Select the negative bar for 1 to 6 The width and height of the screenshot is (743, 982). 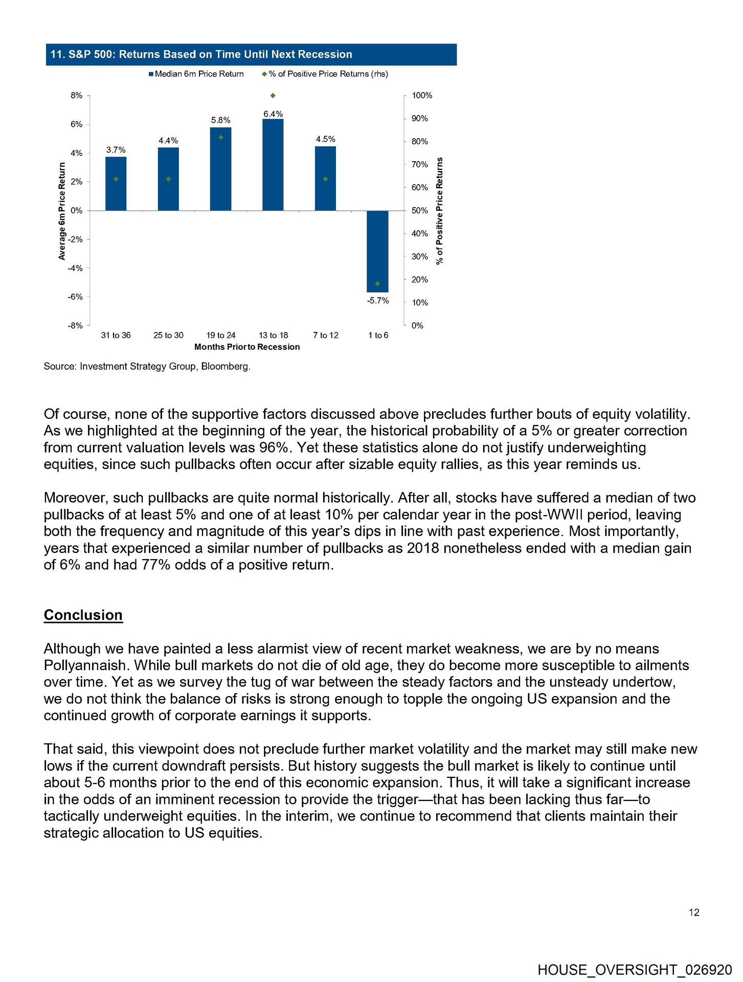[x=377, y=251]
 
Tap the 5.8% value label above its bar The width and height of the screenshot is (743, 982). [x=220, y=120]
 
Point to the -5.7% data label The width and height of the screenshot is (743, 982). [x=378, y=301]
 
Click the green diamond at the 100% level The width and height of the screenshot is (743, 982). [x=273, y=96]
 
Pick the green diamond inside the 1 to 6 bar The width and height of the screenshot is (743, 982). [x=377, y=283]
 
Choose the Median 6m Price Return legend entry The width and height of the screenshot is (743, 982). [x=196, y=74]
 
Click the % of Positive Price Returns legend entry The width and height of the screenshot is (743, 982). [x=325, y=74]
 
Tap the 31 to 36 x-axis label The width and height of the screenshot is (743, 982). [x=116, y=336]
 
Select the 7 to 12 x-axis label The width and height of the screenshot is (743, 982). [x=326, y=336]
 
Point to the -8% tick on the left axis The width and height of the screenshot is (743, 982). [x=76, y=326]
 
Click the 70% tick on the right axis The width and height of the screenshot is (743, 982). [x=419, y=165]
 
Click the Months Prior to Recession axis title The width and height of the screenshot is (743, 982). [x=247, y=347]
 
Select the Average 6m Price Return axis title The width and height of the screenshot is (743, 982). [x=62, y=211]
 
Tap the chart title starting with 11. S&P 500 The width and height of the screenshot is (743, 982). [x=201, y=55]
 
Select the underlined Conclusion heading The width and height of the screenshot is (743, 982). [x=83, y=615]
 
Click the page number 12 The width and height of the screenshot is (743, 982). [x=694, y=912]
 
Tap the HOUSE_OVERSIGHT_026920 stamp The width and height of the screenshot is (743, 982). [x=635, y=970]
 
